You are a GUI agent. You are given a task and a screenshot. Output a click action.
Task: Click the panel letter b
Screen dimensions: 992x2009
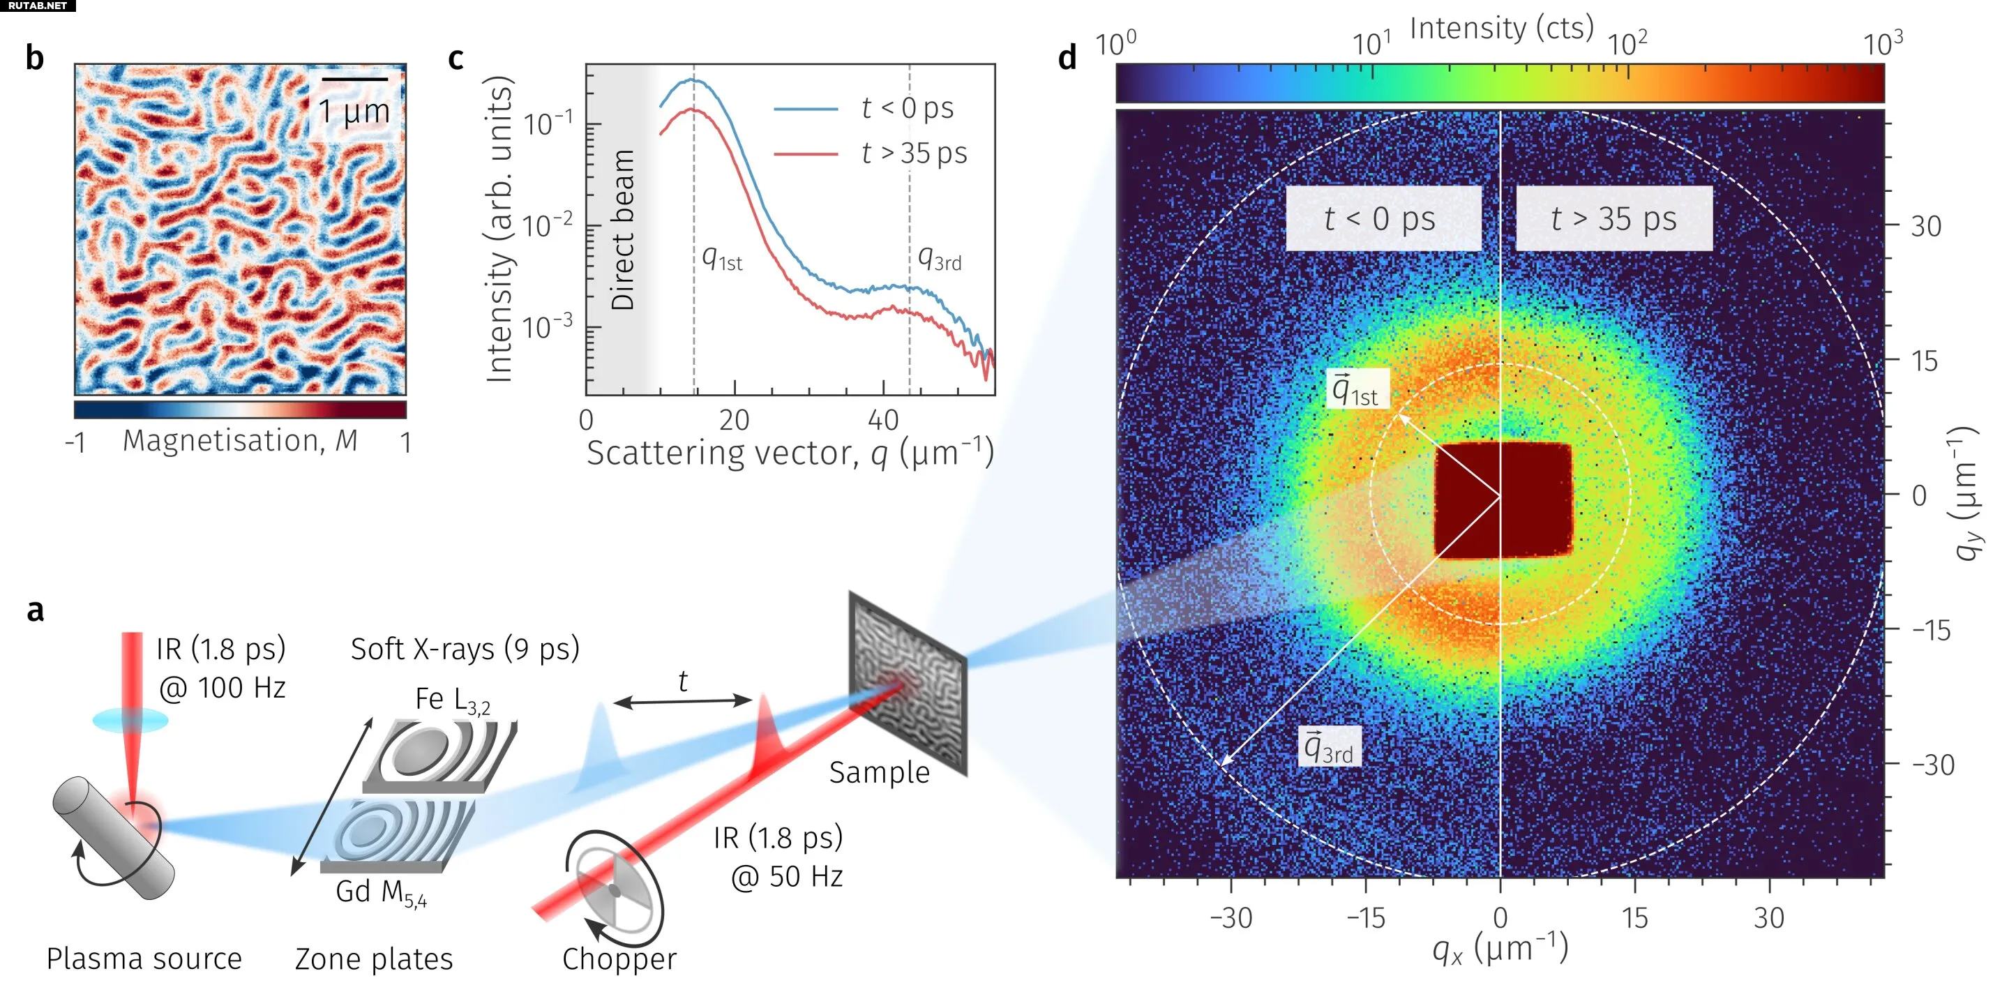(34, 59)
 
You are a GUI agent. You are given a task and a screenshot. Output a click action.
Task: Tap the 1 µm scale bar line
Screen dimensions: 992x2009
(354, 80)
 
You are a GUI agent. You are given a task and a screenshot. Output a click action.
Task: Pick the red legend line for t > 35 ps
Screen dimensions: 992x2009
(805, 154)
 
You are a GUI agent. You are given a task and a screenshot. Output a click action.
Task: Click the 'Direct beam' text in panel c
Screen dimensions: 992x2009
(622, 230)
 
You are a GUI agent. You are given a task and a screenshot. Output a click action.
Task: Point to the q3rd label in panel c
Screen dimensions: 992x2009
(939, 257)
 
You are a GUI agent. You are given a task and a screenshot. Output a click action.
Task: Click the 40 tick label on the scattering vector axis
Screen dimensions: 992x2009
(883, 421)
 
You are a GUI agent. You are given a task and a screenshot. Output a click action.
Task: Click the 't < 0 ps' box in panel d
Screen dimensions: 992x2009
(1382, 218)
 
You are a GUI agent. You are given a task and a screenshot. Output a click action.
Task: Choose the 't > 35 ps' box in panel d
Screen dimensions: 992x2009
(1613, 218)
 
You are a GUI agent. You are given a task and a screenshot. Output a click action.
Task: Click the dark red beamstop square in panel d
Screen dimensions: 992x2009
(1503, 501)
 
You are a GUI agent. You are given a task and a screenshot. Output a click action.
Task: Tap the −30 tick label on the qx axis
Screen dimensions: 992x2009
(1231, 918)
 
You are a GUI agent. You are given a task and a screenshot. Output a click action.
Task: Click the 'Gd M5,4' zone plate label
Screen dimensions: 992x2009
(381, 893)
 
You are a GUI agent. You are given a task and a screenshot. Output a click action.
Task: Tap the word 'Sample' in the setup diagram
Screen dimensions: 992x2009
(879, 773)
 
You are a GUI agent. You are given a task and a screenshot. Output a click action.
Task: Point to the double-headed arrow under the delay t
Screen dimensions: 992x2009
(682, 702)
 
